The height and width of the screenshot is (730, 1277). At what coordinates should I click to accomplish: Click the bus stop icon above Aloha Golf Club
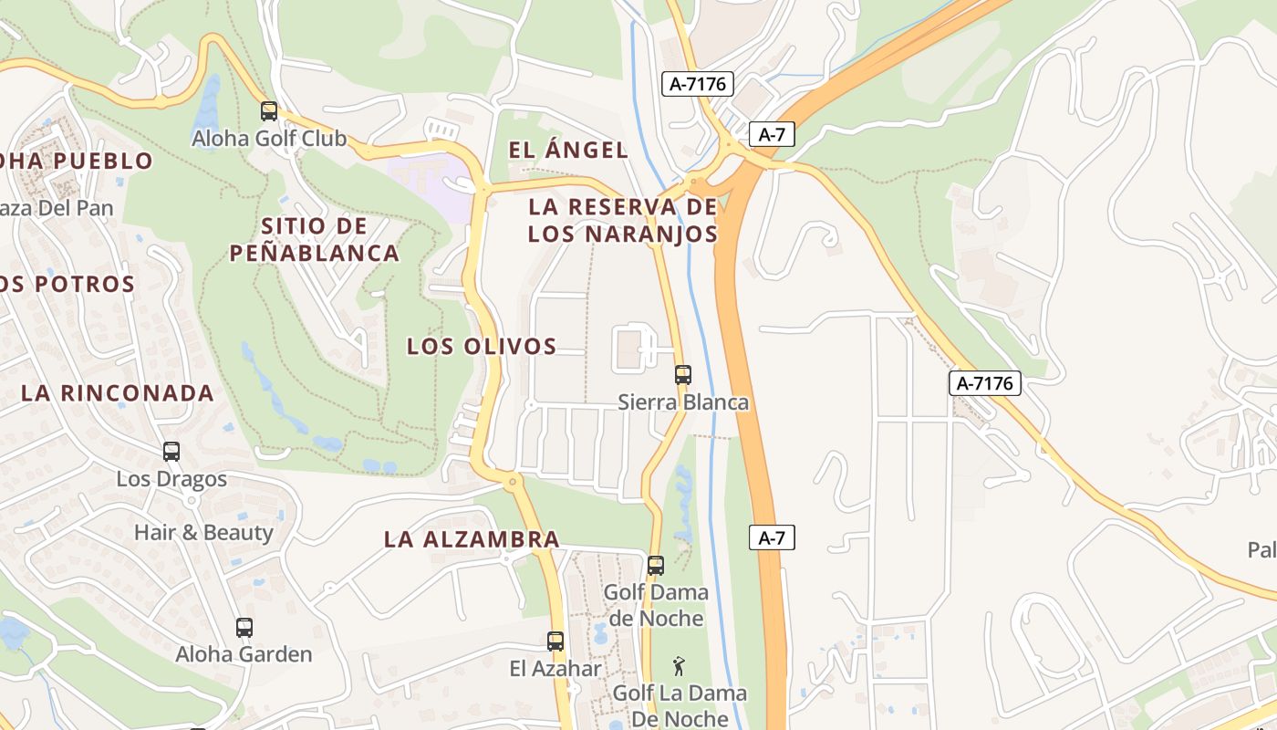(269, 111)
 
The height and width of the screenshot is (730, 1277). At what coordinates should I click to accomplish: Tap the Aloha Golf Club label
(269, 139)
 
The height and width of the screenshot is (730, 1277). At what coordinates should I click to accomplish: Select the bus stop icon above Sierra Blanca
(682, 374)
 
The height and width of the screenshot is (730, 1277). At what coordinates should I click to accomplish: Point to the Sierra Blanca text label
(683, 402)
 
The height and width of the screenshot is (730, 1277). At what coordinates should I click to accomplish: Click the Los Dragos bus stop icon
(171, 451)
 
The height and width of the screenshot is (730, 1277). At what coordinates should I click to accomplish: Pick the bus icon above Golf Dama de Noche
(656, 565)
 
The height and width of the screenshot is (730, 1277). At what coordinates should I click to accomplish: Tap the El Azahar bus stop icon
(555, 641)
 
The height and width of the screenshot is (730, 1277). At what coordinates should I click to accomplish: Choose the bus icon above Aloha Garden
(244, 627)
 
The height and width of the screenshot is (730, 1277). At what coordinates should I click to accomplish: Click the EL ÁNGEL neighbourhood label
(568, 151)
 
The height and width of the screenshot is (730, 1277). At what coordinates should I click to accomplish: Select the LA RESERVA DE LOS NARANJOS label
(623, 220)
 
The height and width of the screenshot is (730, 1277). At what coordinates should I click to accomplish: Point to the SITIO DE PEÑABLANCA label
(314, 239)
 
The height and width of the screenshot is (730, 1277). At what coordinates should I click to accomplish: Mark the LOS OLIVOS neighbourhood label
(482, 347)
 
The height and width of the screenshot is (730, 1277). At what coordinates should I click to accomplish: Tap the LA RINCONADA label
(118, 393)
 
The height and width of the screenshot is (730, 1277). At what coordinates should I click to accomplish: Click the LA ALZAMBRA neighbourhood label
(472, 539)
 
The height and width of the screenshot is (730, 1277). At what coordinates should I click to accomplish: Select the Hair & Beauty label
(203, 532)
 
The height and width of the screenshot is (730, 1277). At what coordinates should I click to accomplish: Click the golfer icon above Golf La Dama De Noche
(678, 665)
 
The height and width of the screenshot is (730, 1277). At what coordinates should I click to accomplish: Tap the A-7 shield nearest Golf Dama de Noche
(772, 538)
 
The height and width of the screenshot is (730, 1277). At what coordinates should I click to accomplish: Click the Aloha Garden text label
(244, 654)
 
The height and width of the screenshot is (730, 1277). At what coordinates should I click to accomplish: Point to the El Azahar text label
(555, 669)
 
